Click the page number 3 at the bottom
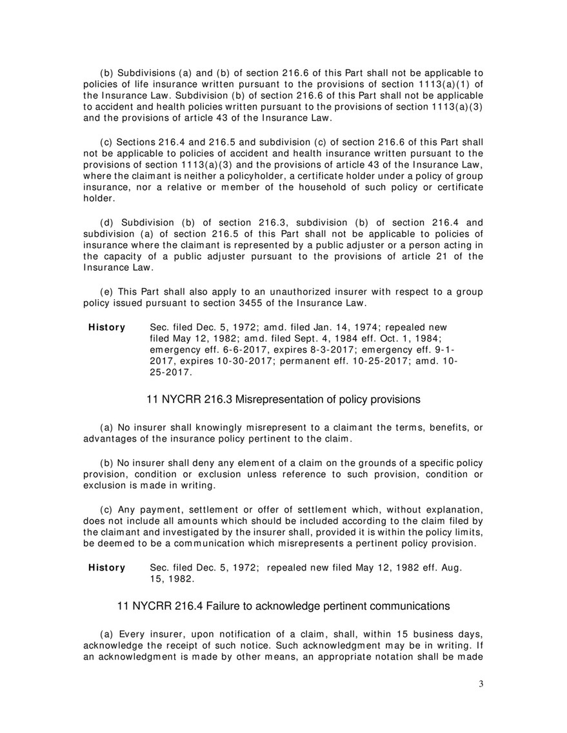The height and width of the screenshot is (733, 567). pyautogui.click(x=481, y=684)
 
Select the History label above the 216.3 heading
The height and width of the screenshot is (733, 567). pyautogui.click(x=107, y=327)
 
